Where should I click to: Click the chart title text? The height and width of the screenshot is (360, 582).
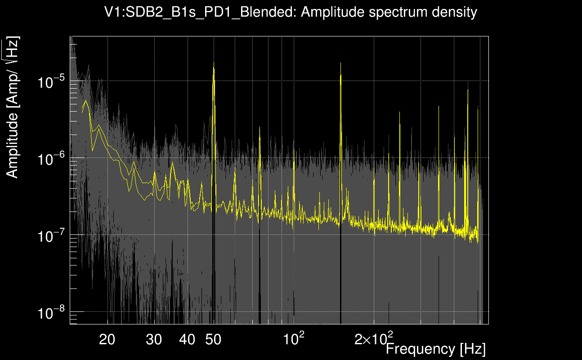click(291, 13)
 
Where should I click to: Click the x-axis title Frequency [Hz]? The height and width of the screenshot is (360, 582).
click(435, 349)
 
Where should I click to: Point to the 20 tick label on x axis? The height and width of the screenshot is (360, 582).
click(107, 339)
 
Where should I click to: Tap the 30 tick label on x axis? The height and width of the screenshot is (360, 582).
click(154, 339)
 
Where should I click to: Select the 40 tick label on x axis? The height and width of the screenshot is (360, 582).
click(188, 339)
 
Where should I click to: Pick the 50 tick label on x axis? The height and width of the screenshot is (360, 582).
click(213, 339)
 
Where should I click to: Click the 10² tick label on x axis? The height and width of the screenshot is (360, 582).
click(293, 338)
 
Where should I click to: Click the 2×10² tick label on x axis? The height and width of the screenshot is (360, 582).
click(373, 338)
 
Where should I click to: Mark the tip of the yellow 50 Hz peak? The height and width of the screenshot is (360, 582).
click(214, 68)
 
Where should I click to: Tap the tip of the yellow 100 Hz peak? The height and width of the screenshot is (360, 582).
click(294, 162)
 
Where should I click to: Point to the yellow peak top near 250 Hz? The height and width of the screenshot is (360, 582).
click(399, 112)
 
